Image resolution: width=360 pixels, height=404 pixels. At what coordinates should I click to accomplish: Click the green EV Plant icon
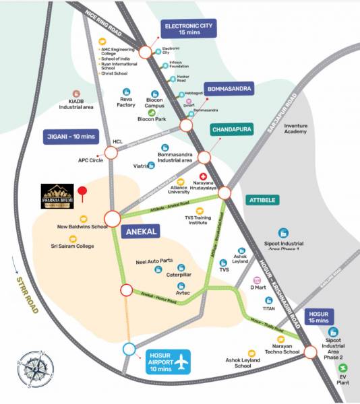click(x=344, y=368)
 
